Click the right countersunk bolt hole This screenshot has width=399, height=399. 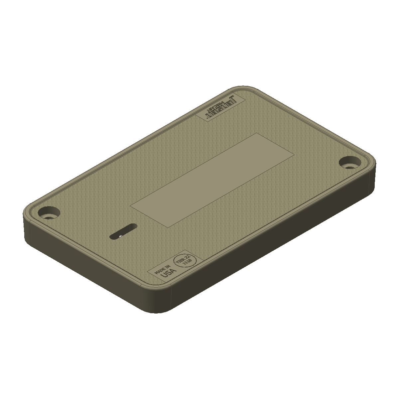tap(349, 162)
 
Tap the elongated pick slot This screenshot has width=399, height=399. tap(123, 231)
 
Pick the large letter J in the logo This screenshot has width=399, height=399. tap(233, 99)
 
